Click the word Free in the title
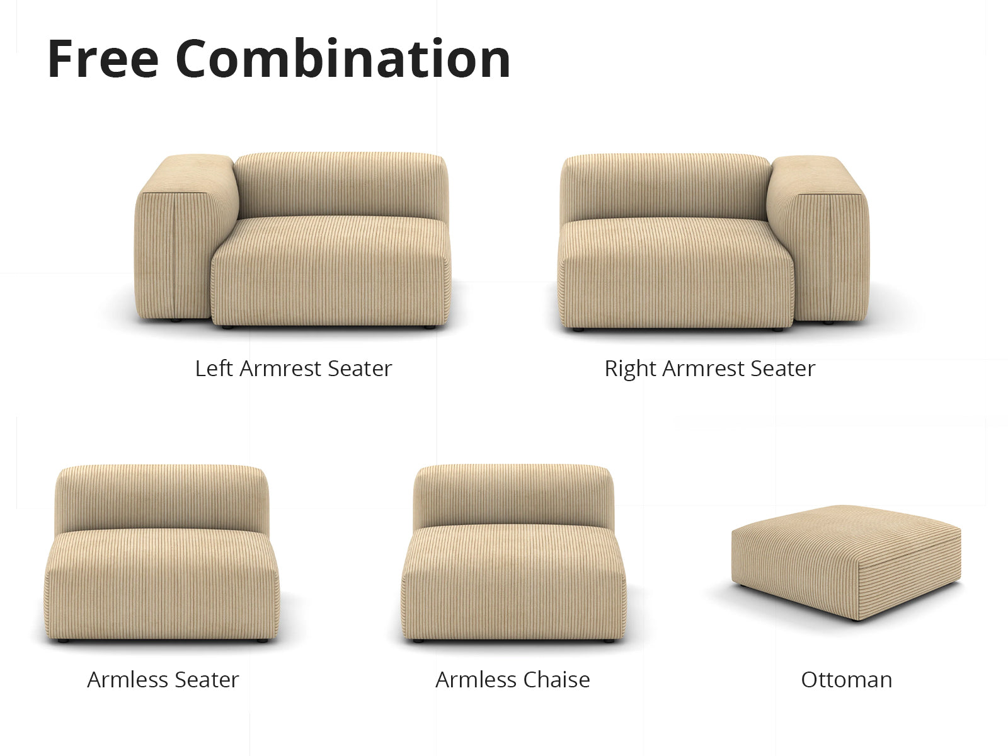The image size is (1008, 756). [x=103, y=59]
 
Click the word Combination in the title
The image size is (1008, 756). [x=343, y=59]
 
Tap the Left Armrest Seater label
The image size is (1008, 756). [x=294, y=368]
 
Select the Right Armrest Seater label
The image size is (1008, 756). [x=709, y=369]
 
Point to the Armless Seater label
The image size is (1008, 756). [x=163, y=679]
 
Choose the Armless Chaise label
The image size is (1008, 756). [x=512, y=679]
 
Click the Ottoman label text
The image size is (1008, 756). [x=846, y=679]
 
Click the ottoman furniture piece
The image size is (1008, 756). [x=846, y=561]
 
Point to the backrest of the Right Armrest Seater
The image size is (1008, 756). [x=665, y=187]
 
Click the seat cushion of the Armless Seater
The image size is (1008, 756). [x=162, y=586]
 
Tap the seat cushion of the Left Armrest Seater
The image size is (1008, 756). [x=331, y=272]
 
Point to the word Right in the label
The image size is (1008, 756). [x=631, y=369]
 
